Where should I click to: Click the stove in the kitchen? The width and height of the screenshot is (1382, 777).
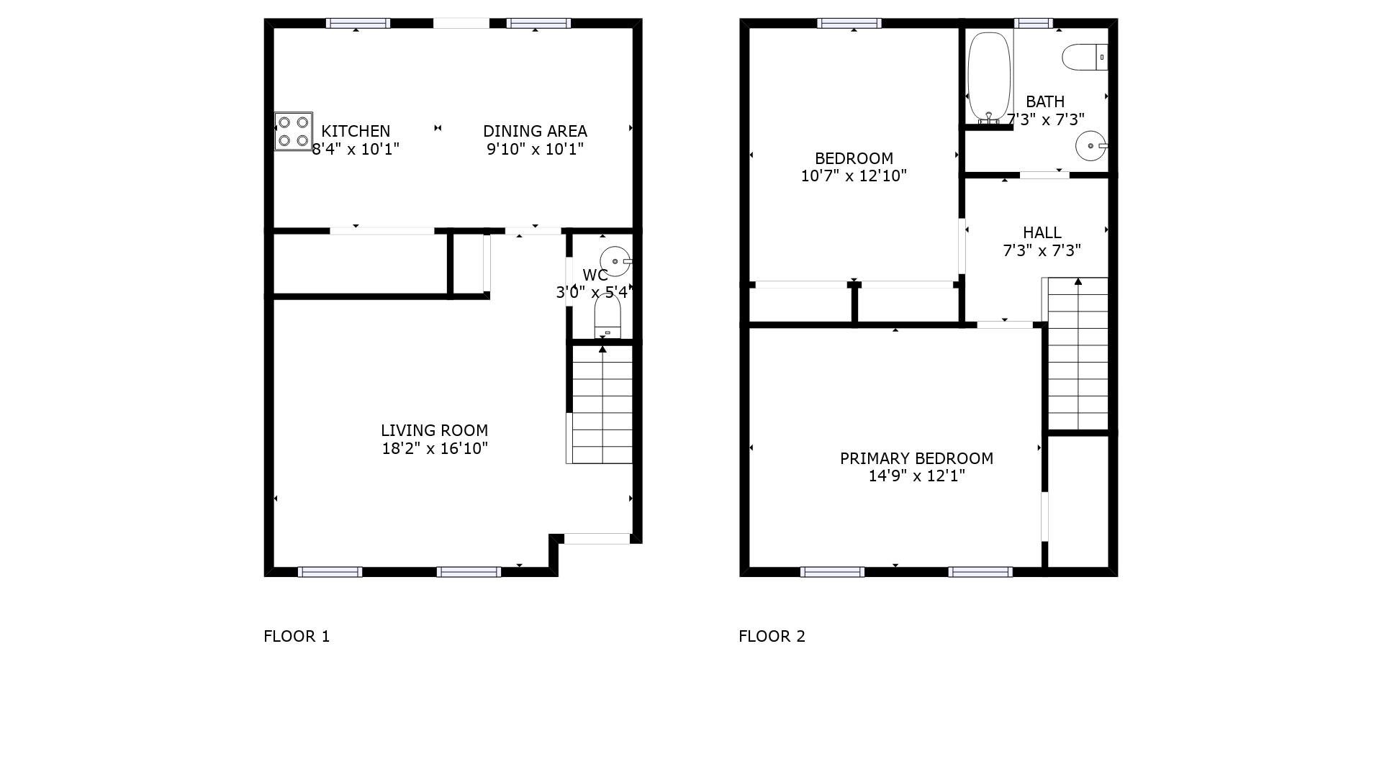[294, 131]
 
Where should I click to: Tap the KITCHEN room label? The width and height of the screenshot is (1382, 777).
[356, 131]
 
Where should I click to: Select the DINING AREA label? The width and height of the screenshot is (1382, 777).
[535, 131]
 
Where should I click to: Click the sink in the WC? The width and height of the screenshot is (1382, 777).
[616, 261]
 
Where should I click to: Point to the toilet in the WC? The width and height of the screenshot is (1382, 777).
[608, 316]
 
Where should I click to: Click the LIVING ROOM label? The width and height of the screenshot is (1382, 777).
[435, 430]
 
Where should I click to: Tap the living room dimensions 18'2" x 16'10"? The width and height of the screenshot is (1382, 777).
[435, 448]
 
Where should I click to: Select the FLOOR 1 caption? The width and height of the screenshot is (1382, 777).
[297, 636]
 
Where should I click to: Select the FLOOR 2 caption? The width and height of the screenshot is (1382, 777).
[772, 636]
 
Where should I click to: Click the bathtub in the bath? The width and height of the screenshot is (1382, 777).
[989, 76]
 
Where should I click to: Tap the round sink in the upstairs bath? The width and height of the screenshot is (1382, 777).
[1091, 146]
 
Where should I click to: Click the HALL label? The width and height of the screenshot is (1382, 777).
[1042, 232]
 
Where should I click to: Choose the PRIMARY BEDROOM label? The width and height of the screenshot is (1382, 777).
[916, 458]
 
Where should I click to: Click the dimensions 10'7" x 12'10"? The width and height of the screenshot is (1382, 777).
[854, 176]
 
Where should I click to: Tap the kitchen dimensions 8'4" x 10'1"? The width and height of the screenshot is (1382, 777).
[356, 149]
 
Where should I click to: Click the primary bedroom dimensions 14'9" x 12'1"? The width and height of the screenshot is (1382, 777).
[916, 476]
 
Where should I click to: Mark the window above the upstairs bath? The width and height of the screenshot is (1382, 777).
[1034, 23]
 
